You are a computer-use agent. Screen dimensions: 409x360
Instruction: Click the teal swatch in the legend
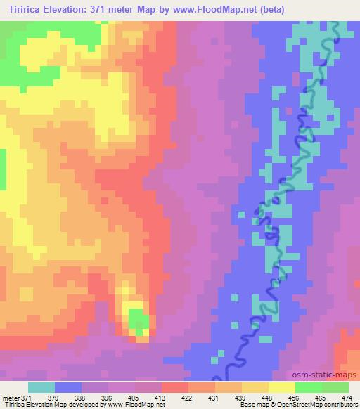pos(41,387)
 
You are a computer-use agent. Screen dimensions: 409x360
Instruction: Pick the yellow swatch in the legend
pos(281,387)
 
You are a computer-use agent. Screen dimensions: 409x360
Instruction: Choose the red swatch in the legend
pos(174,387)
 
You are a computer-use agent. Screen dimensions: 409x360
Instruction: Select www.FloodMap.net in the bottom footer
pos(133,405)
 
